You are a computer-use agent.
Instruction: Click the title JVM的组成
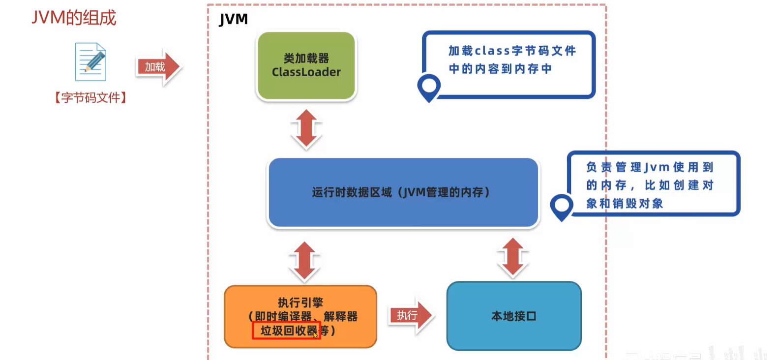74,18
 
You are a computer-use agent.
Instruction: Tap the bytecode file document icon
90,62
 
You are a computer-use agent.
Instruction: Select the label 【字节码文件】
90,97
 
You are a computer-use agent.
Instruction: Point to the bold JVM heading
234,19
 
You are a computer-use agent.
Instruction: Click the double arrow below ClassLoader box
306,129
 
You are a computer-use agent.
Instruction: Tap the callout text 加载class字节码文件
512,51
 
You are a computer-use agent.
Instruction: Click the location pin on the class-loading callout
429,87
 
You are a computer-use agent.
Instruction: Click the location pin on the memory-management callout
562,206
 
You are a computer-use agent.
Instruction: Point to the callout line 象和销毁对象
625,204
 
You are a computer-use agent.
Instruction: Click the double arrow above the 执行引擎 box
304,261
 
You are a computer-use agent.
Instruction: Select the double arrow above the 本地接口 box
513,257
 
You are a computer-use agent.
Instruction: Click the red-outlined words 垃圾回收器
287,330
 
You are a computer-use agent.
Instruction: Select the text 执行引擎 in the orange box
300,302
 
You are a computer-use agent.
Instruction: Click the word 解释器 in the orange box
340,316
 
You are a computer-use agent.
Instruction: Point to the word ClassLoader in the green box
306,72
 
